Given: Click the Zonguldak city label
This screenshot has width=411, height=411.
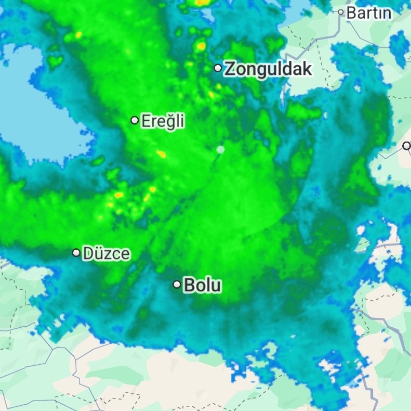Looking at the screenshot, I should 268,69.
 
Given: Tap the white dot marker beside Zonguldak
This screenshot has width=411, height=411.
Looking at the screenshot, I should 218,68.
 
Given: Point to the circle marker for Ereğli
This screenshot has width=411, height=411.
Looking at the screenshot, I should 135,121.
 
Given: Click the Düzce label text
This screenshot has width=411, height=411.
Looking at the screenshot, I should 107,254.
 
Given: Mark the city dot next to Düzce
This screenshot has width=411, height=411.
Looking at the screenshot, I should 76,253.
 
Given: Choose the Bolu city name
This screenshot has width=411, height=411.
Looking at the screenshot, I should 203,285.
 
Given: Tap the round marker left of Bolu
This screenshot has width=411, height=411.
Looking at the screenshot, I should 177,285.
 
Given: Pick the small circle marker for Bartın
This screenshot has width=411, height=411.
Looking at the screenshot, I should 341,12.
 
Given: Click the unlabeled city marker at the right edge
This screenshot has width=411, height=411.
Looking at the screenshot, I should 406,146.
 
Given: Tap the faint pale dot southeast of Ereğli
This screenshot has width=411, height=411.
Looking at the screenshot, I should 220,150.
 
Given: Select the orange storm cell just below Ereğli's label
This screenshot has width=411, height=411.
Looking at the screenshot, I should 162,154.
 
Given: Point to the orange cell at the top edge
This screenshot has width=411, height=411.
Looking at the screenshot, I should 202,2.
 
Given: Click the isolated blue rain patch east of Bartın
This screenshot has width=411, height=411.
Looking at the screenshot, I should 399,44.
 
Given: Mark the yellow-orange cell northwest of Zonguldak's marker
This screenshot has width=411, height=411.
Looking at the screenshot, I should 201,47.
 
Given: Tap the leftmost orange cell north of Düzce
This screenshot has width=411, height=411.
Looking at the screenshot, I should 119,195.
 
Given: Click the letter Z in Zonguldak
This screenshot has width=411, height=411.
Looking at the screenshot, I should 230,69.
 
